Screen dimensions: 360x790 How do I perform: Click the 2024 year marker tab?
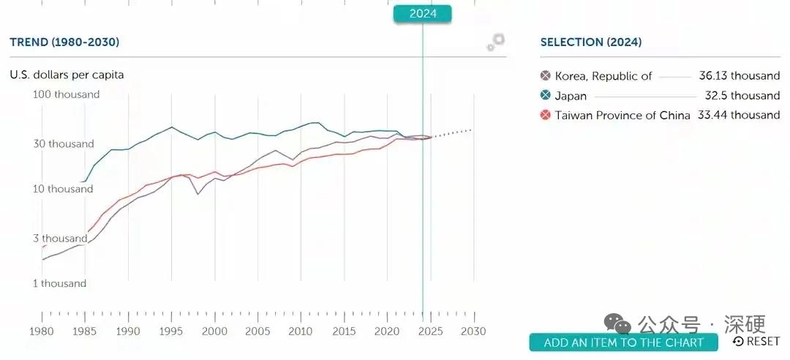[422, 13]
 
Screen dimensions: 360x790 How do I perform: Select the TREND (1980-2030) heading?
[64, 42]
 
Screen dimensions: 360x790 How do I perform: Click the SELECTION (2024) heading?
[590, 42]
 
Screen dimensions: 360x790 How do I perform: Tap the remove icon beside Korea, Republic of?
[545, 76]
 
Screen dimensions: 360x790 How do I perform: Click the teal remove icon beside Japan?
[545, 96]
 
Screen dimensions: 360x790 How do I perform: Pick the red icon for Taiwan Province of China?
[545, 115]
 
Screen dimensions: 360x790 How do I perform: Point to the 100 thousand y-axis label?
[67, 94]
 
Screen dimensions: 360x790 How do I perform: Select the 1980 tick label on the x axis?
[42, 331]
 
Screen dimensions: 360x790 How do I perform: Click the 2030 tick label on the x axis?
[474, 331]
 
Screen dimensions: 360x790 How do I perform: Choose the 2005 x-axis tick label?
[257, 331]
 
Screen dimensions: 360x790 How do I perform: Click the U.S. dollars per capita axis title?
[67, 75]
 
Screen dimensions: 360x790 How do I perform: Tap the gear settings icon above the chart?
[496, 42]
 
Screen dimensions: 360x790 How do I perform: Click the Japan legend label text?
[571, 96]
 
